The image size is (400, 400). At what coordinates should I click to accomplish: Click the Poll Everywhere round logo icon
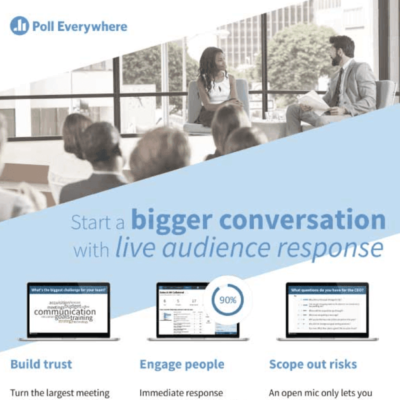click(19, 26)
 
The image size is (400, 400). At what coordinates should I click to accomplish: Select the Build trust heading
click(41, 364)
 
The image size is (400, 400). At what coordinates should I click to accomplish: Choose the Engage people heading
click(181, 364)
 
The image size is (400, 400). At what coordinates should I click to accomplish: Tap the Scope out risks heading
click(313, 364)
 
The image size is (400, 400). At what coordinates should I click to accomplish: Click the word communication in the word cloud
click(64, 312)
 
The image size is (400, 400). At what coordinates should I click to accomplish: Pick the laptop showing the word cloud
click(68, 312)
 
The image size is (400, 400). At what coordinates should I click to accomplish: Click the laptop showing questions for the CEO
click(327, 312)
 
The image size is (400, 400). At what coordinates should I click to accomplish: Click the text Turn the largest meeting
click(59, 393)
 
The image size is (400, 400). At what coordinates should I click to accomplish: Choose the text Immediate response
click(180, 393)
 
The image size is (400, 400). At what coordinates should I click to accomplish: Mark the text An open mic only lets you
click(320, 393)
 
